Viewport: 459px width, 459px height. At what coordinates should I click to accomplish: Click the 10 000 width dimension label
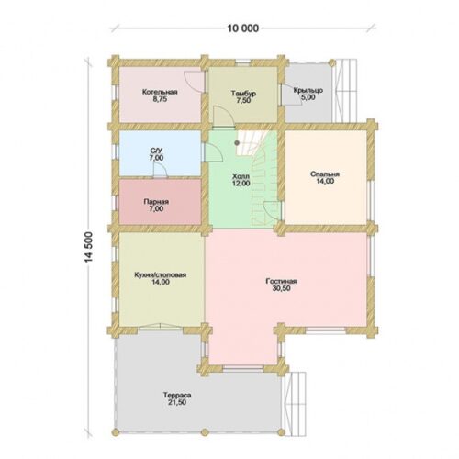(x=243, y=28)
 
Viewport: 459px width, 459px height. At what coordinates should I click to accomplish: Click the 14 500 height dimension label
(x=88, y=247)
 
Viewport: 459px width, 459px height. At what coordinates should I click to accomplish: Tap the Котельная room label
(x=160, y=92)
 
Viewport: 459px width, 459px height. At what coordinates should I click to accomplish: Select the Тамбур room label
(x=243, y=94)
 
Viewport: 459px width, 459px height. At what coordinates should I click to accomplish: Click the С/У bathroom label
(x=157, y=151)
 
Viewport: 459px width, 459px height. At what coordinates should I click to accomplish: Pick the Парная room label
(x=156, y=202)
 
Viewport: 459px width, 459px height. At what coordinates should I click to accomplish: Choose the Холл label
(x=241, y=176)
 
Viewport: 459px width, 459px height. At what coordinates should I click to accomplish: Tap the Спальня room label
(x=325, y=174)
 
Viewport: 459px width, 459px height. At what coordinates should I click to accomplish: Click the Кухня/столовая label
(x=161, y=274)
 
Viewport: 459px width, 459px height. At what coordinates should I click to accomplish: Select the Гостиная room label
(x=281, y=281)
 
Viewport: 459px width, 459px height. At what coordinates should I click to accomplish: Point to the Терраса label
(x=177, y=395)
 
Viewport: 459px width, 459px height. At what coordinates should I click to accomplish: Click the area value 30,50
(x=281, y=288)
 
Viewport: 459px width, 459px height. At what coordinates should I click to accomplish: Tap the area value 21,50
(x=177, y=402)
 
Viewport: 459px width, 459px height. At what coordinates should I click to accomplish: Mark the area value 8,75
(x=160, y=99)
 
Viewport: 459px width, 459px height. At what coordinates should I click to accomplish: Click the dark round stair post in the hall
(x=237, y=142)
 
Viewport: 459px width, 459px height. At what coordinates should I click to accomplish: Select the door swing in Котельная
(x=194, y=81)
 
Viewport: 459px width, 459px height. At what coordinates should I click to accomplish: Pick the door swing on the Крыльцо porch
(x=292, y=95)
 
